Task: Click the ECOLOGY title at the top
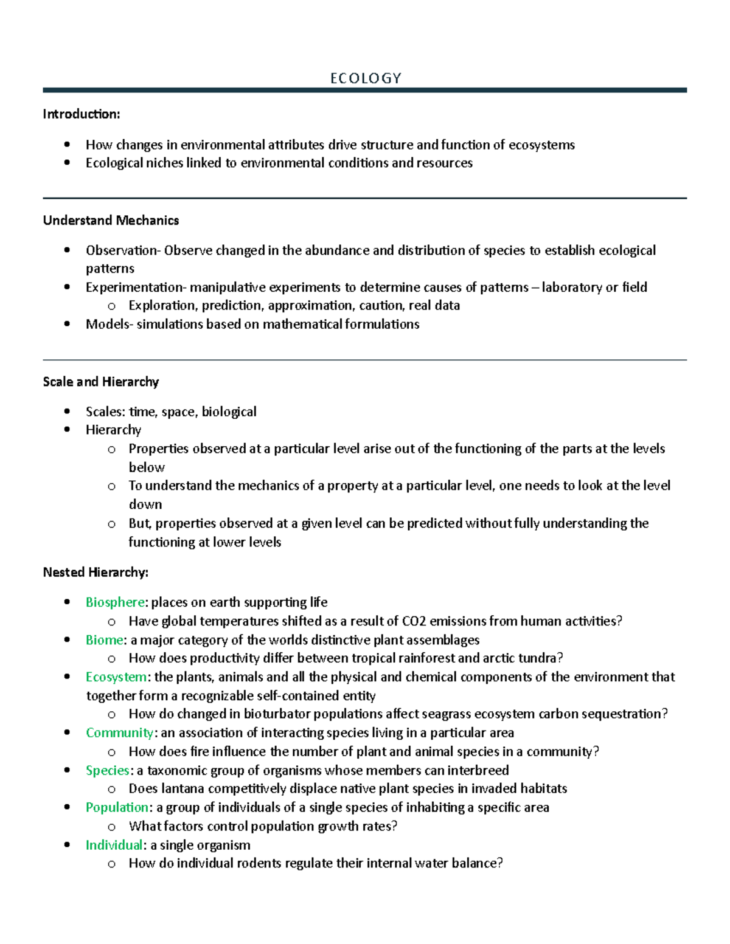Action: [366, 78]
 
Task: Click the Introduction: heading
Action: [82, 114]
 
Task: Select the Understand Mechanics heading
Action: [111, 221]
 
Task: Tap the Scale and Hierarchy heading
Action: [101, 382]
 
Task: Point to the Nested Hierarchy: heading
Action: [96, 573]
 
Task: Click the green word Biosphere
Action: [115, 602]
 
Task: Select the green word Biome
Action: [105, 640]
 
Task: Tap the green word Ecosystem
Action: [116, 677]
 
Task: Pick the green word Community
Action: [119, 733]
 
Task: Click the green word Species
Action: [108, 771]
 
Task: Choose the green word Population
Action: [117, 808]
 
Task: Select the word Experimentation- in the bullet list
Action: [136, 288]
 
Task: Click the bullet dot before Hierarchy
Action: [67, 430]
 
